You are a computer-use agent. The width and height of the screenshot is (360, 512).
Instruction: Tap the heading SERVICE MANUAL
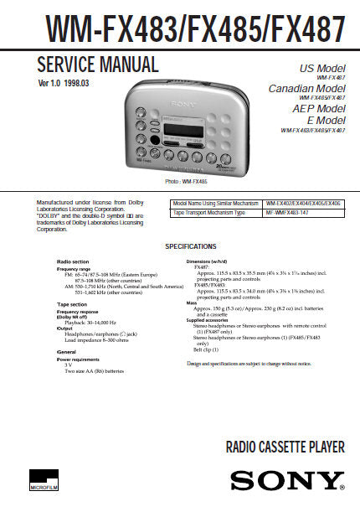tap(98, 65)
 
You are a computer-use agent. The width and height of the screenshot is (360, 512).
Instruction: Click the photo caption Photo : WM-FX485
tap(186, 182)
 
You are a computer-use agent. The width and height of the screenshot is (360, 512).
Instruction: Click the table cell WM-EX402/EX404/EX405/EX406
tap(303, 204)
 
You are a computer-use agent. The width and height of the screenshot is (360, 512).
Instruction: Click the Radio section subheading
tap(72, 261)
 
